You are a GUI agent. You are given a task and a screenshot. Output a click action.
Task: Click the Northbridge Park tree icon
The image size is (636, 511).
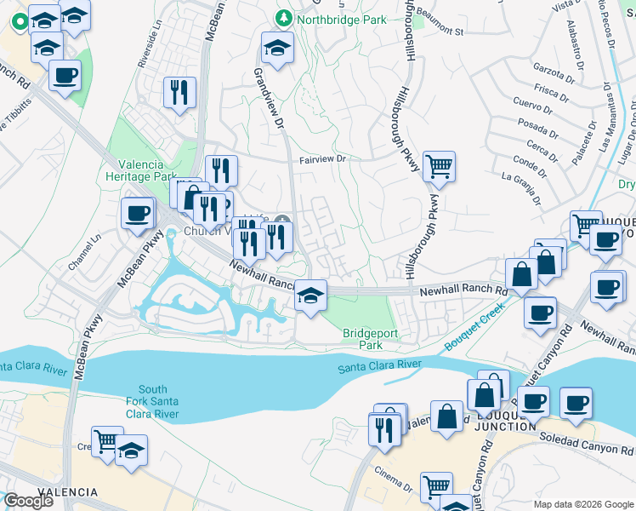pyautogui.click(x=285, y=19)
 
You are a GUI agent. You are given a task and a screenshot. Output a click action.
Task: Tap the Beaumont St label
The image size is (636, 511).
pyautogui.click(x=440, y=28)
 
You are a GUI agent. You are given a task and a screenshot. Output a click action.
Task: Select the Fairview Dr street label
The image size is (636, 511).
pyautogui.click(x=323, y=159)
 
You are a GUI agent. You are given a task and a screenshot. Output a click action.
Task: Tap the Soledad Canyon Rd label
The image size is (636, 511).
pyautogui.click(x=587, y=445)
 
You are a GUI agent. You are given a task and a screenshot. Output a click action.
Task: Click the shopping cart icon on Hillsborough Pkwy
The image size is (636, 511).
pyautogui.click(x=439, y=167)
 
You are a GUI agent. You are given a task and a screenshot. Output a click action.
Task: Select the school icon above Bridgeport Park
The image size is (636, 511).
pyautogui.click(x=310, y=296)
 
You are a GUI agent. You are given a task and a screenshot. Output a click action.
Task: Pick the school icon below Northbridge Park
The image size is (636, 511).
pyautogui.click(x=277, y=48)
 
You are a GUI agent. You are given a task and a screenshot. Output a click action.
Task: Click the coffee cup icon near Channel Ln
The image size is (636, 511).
pyautogui.click(x=137, y=213)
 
